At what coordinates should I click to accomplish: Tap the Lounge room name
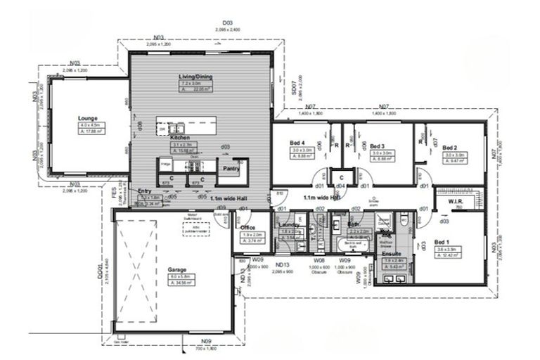point(88,118)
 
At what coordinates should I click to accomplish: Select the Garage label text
point(176,269)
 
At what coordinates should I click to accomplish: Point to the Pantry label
point(231,169)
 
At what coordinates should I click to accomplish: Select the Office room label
point(247,228)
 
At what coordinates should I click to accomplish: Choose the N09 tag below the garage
point(206,341)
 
